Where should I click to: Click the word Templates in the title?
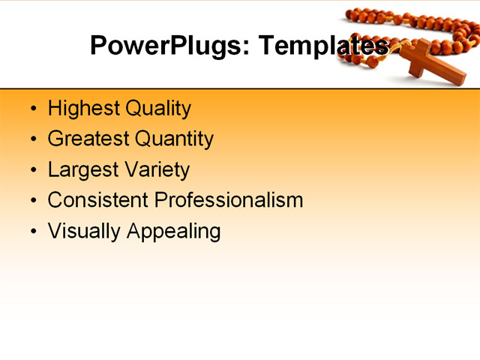(323, 46)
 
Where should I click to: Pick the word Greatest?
(88, 139)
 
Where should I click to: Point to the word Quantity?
(174, 139)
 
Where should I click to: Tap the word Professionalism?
(229, 200)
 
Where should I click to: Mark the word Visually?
(85, 231)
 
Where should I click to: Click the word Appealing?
(173, 232)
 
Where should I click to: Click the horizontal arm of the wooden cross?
(424, 52)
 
